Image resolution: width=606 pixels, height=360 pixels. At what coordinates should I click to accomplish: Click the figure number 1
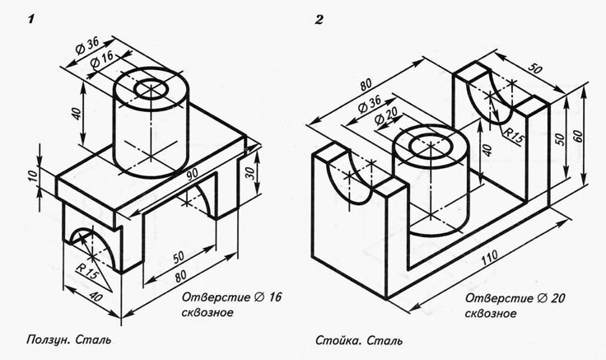[30, 19]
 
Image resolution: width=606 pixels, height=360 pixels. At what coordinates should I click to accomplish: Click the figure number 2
[319, 19]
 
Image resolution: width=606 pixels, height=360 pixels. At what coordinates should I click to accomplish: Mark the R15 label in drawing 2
[515, 132]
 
